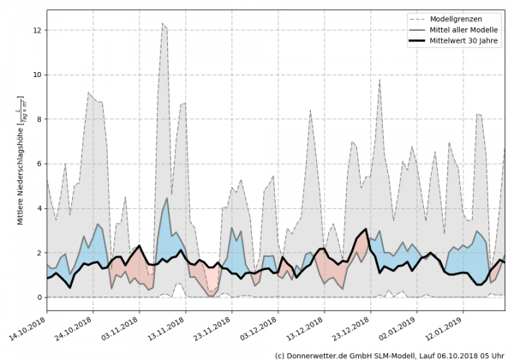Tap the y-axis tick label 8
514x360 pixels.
[x=38, y=119]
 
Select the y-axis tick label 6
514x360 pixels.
[x=38, y=164]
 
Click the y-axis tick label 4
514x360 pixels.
[x=38, y=208]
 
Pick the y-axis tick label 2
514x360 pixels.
[x=38, y=253]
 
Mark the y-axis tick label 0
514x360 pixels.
[x=38, y=297]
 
